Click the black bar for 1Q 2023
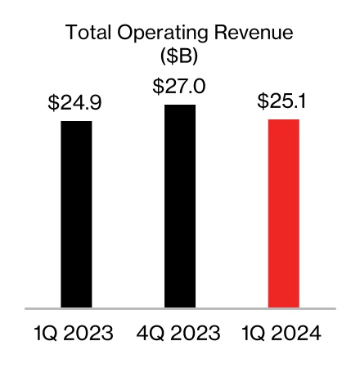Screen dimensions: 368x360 click(x=76, y=214)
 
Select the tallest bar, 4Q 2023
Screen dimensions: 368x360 click(x=179, y=206)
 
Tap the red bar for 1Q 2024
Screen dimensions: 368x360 click(x=283, y=213)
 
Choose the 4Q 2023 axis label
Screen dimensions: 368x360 click(x=179, y=334)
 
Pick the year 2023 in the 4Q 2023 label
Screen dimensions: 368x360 click(x=195, y=334)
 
